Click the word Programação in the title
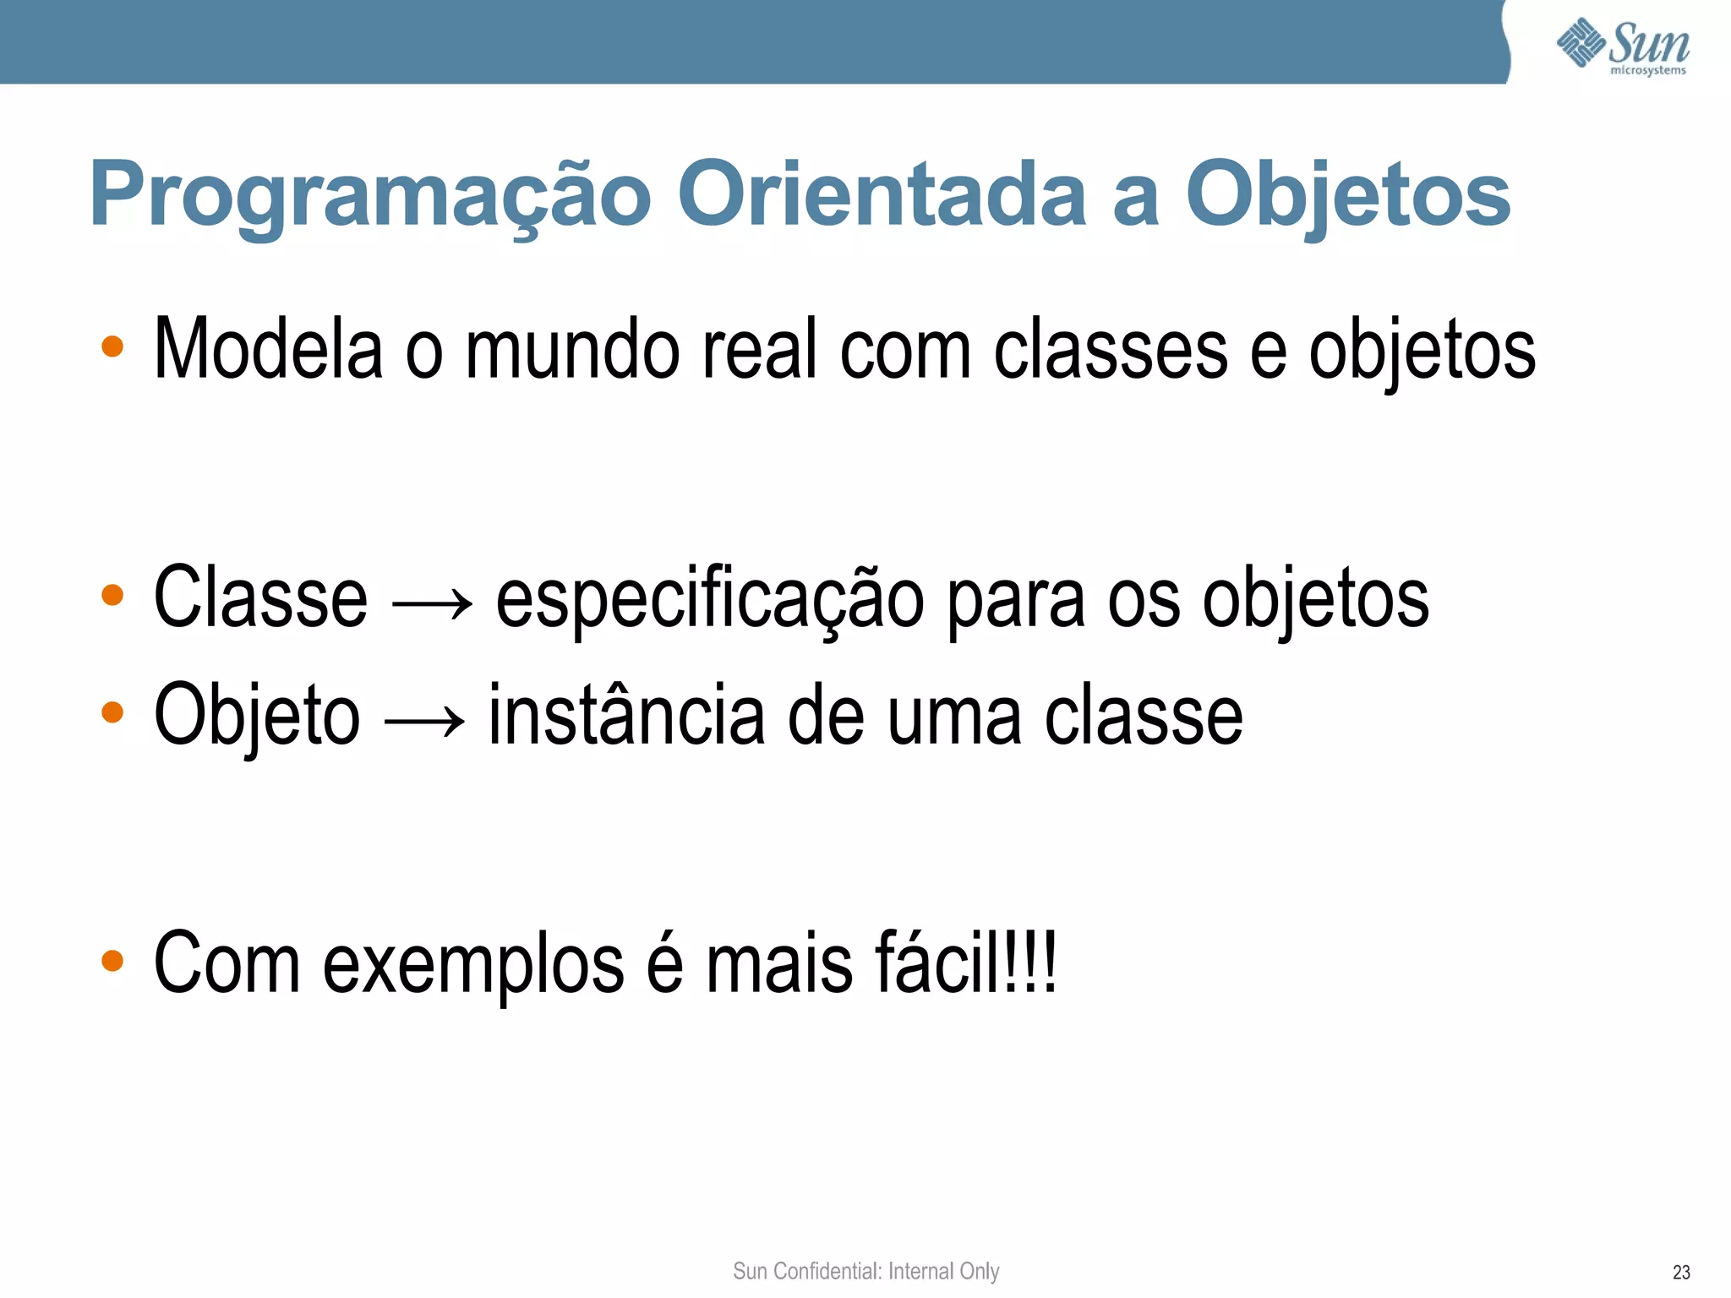(370, 195)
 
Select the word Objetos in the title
(1348, 195)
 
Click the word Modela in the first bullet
(268, 349)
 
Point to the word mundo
(572, 349)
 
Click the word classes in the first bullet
(1110, 349)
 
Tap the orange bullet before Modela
(112, 346)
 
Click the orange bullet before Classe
(112, 595)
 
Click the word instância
(627, 716)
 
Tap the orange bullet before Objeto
(112, 712)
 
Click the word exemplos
(473, 964)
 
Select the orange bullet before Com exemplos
(112, 960)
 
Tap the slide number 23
(1681, 1272)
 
